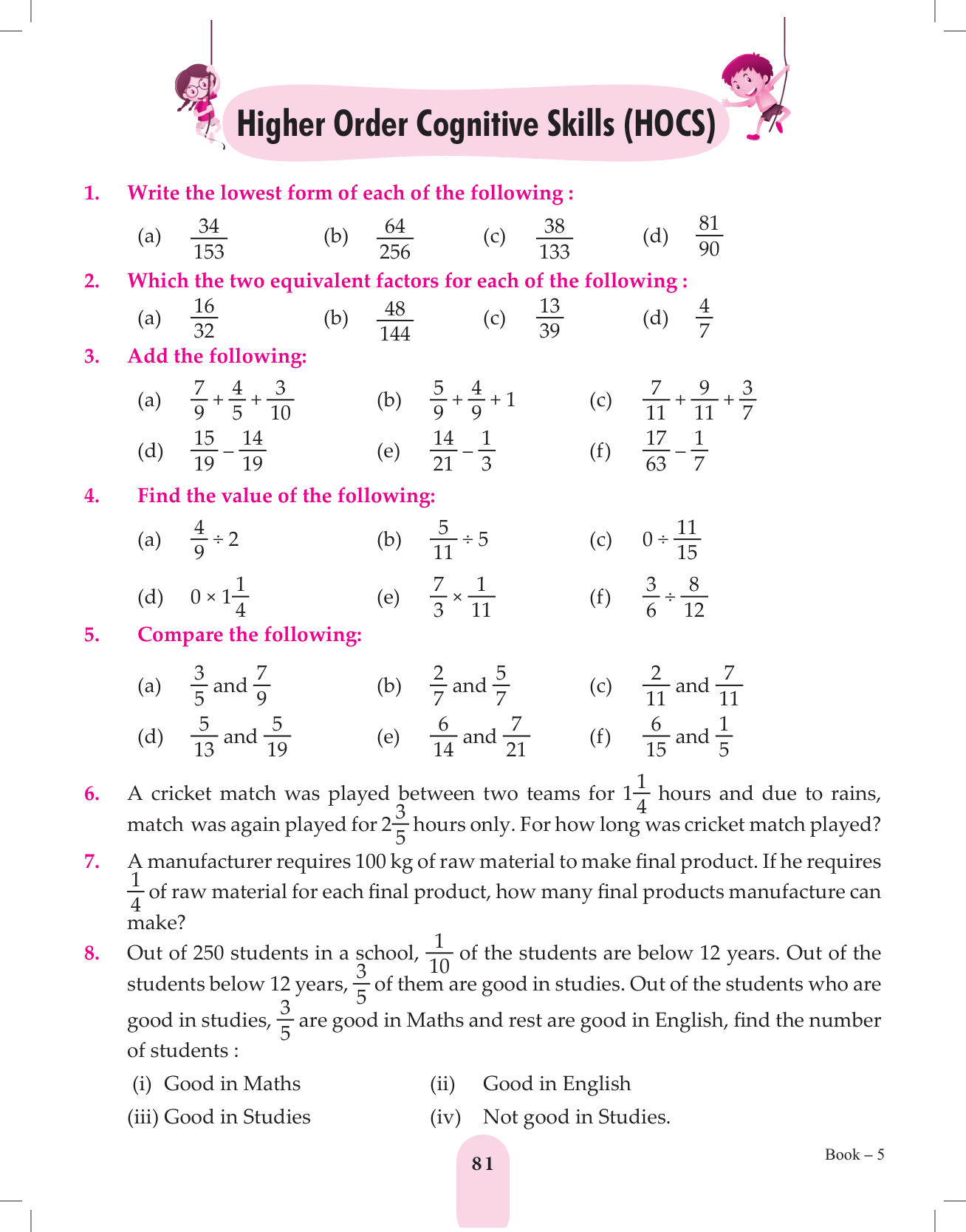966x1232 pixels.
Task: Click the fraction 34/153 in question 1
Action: (x=209, y=239)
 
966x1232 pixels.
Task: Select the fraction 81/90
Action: (x=708, y=236)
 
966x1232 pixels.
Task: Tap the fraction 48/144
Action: (x=394, y=321)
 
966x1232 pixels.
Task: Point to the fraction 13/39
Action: (x=549, y=318)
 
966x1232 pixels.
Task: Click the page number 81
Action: (x=482, y=1163)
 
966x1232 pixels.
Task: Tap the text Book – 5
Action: (x=854, y=1154)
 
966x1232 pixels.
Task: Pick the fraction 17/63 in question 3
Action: (x=656, y=451)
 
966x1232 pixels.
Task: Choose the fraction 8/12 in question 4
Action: (x=693, y=597)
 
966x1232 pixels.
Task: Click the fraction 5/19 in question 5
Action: (x=277, y=736)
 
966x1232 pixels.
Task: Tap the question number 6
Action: (x=92, y=794)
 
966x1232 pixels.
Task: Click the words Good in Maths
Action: (x=232, y=1084)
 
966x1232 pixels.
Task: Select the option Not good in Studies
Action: (x=576, y=1117)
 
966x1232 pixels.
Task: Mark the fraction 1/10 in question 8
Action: (x=439, y=954)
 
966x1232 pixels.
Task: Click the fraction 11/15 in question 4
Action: (x=686, y=539)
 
